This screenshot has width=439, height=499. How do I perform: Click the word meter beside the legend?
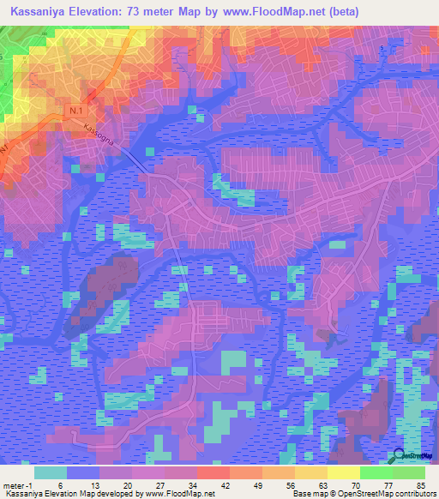coord(13,486)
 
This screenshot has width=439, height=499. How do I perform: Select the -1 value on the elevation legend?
coord(31,486)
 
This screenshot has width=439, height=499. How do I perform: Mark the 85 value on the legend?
coord(420,486)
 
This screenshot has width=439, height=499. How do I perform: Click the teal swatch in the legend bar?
coord(51,472)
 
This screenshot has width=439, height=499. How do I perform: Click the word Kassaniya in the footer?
coord(23,495)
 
